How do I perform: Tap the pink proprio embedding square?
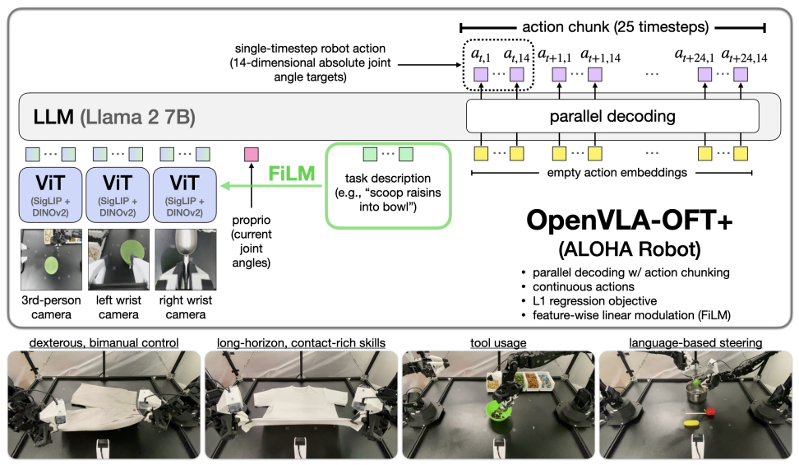click(x=252, y=153)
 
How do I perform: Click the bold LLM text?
click(x=51, y=116)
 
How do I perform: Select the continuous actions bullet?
click(x=576, y=286)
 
